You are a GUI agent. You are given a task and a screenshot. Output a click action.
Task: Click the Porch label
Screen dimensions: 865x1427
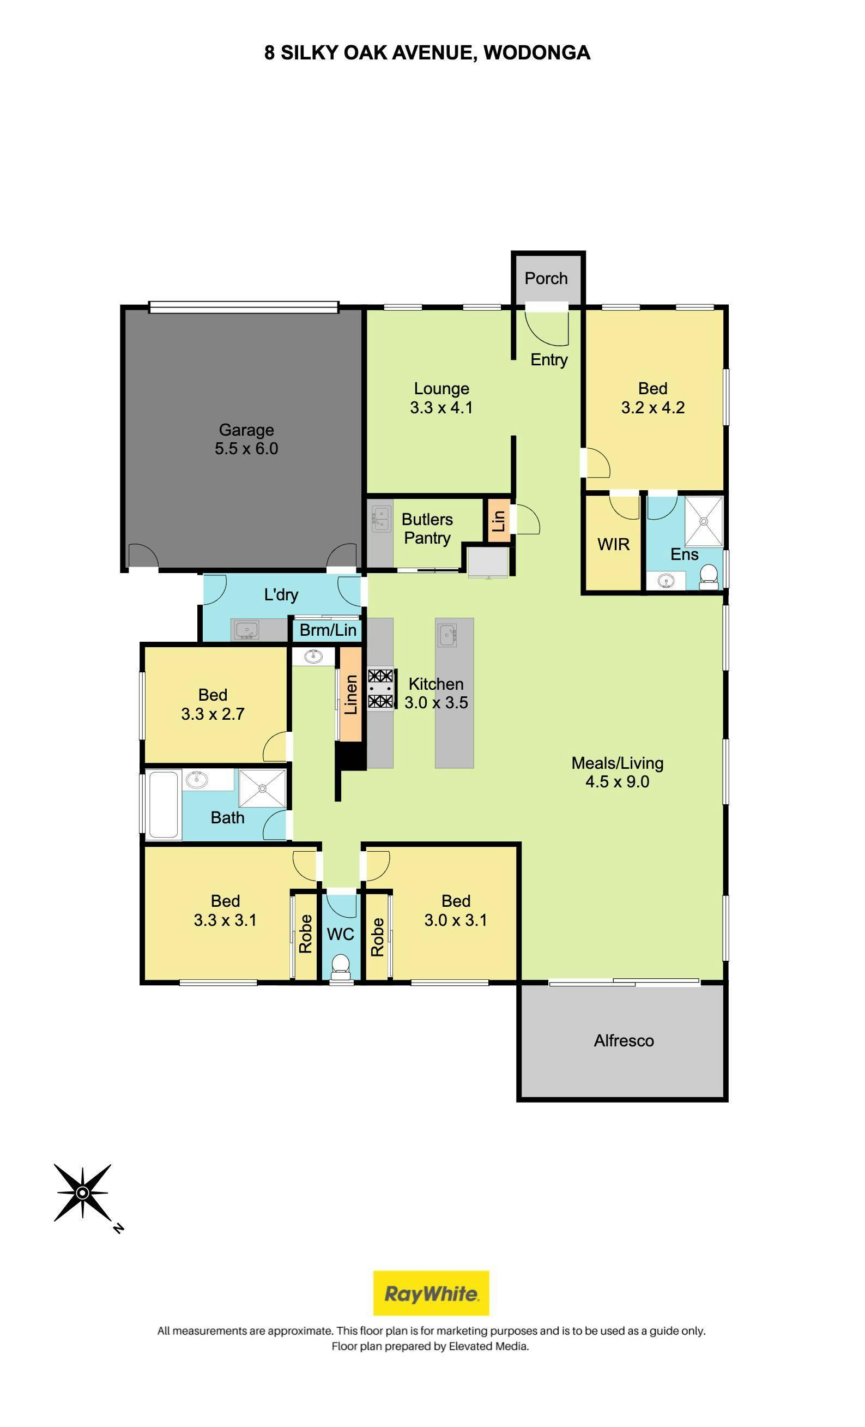pyautogui.click(x=546, y=278)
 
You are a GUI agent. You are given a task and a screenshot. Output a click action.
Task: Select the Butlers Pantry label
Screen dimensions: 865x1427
pyautogui.click(x=427, y=528)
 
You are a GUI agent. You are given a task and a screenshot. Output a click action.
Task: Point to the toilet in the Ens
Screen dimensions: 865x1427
pyautogui.click(x=708, y=577)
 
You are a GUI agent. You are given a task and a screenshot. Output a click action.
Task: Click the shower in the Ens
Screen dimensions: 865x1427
pyautogui.click(x=704, y=521)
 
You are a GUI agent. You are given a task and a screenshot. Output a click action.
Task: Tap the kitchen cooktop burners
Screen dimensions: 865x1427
pyautogui.click(x=380, y=688)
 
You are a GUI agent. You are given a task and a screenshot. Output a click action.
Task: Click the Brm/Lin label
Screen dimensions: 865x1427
pyautogui.click(x=328, y=629)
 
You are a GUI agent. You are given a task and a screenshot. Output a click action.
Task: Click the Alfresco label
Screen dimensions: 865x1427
pyautogui.click(x=624, y=1041)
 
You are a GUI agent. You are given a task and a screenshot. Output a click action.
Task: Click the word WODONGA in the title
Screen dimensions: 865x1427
pyautogui.click(x=537, y=53)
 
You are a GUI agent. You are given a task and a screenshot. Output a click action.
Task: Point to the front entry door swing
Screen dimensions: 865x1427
pyautogui.click(x=547, y=327)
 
